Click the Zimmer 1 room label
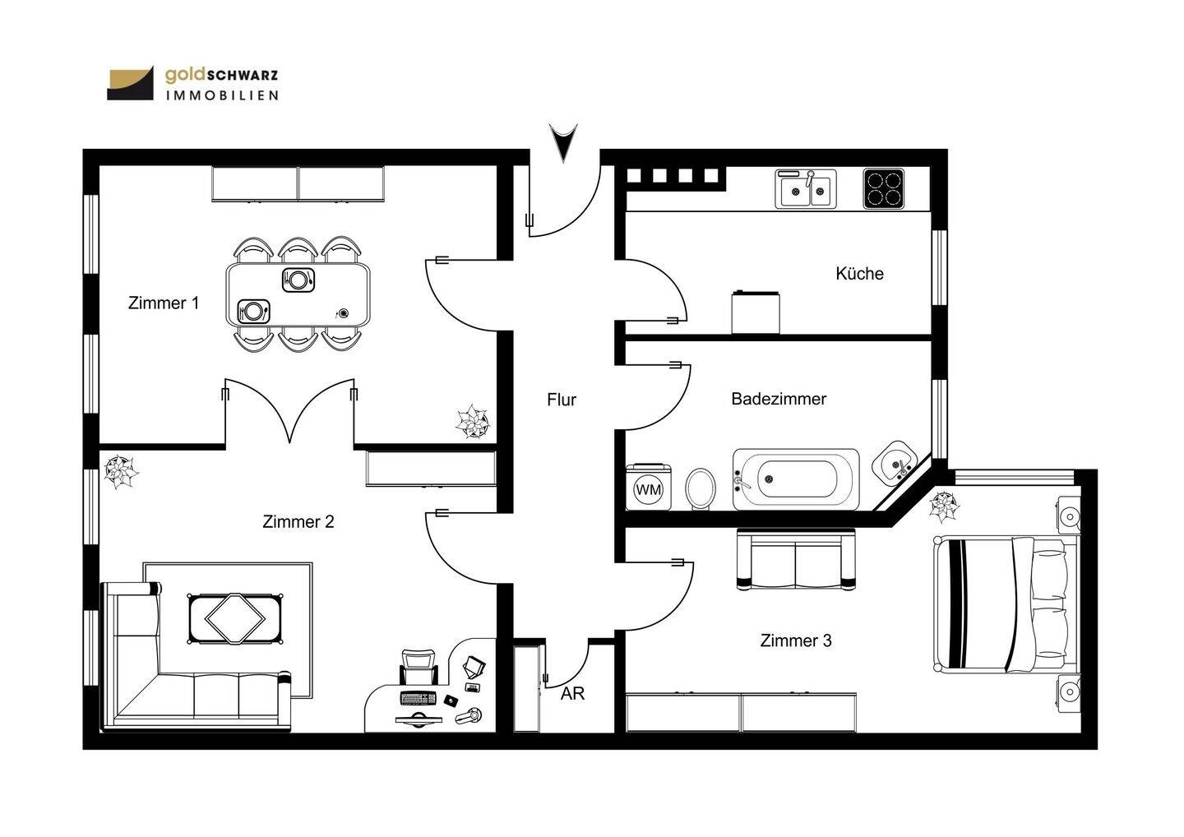164,303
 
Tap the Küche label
859,274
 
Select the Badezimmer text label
779,399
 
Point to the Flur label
562,400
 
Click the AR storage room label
572,693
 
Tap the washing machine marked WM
649,488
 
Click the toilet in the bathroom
701,488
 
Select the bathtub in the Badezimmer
796,480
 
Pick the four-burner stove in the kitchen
884,188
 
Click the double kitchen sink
806,189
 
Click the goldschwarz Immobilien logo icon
131,83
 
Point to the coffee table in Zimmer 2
234,619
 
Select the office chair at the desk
419,667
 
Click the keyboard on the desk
418,699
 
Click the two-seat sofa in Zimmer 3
796,560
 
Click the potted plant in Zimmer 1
473,422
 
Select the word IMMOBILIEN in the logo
222,95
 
